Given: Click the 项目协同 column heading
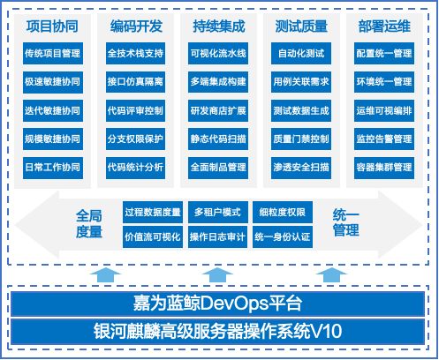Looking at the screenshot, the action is (x=52, y=26).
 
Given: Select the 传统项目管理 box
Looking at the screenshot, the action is (x=53, y=53).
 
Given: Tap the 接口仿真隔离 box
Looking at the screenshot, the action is (x=135, y=81).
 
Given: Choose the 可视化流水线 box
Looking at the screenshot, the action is (x=218, y=53).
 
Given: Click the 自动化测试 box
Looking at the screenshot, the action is (x=301, y=53).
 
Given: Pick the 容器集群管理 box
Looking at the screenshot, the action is (x=384, y=168).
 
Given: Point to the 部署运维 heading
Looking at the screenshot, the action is (x=384, y=26).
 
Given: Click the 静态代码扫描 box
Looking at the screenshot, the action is (x=218, y=139).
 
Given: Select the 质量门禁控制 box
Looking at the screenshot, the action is (x=301, y=139).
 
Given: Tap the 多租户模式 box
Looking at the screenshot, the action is (x=217, y=212).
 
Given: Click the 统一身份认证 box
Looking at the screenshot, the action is (x=283, y=236).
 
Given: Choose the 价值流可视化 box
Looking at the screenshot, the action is (x=153, y=236).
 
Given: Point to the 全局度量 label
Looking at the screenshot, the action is (x=89, y=223).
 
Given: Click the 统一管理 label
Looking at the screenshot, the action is (x=346, y=222).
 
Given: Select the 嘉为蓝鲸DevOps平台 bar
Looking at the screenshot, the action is (x=217, y=304).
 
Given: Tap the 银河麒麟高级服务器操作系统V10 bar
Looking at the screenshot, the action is (x=217, y=331).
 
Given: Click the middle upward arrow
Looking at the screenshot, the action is (x=217, y=275).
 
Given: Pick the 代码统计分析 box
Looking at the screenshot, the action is (x=135, y=168).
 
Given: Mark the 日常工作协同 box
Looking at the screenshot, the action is (x=53, y=168).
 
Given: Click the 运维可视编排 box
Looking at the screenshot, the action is (x=384, y=110).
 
